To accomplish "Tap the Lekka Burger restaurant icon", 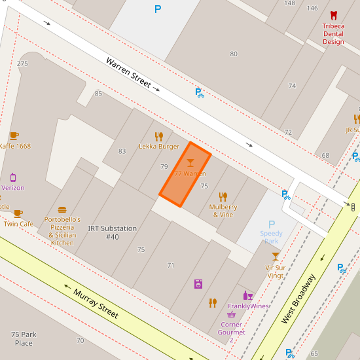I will (158, 137).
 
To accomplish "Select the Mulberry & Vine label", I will (223, 210).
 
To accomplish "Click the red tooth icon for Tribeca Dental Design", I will (333, 15).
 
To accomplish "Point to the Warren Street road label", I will (128, 73).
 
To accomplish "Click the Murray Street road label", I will (95, 304).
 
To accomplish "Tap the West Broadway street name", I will (298, 299).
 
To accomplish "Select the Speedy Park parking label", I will (272, 237).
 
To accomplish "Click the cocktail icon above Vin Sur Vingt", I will (276, 256).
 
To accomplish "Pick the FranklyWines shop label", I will (249, 306).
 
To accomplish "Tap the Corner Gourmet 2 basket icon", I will (231, 314).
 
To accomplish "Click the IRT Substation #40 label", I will (113, 232).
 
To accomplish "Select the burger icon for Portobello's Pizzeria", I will (62, 210).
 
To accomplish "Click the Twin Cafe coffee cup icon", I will (18, 213).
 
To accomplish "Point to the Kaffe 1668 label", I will (14, 146).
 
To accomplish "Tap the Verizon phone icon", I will (12, 177).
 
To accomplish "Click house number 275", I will (22, 63).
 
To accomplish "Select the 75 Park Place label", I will (24, 338).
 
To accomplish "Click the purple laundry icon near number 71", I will (198, 283).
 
